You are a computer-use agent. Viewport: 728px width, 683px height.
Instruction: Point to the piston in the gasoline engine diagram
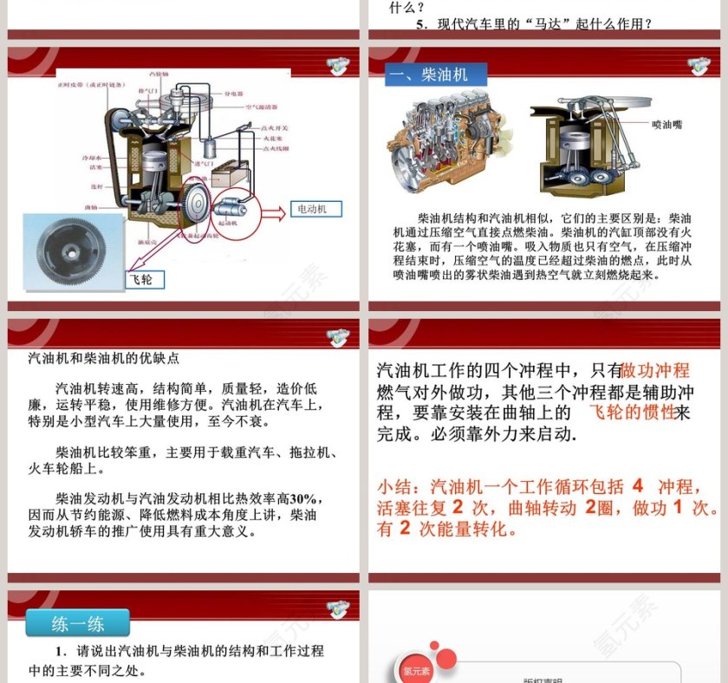click(152, 161)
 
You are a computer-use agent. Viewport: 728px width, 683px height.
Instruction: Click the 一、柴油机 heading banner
click(436, 75)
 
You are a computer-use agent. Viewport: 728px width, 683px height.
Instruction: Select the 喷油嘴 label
click(667, 125)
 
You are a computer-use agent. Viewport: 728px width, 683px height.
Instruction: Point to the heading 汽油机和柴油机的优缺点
click(103, 357)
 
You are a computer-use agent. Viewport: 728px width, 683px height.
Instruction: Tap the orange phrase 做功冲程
click(655, 370)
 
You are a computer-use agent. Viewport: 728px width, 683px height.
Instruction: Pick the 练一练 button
click(78, 622)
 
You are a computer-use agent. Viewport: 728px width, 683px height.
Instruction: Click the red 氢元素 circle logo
click(416, 669)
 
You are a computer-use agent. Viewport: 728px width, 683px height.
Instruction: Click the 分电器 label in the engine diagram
click(233, 93)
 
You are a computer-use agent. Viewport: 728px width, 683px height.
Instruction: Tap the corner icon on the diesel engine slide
click(699, 66)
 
